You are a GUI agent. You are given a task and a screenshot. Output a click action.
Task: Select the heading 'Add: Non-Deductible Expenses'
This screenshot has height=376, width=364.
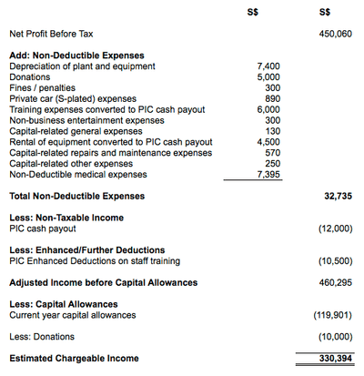76,56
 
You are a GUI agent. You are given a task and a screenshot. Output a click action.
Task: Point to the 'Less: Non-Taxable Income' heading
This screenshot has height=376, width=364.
66,218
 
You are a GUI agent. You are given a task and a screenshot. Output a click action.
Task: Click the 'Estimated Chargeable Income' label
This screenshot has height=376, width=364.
74,359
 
